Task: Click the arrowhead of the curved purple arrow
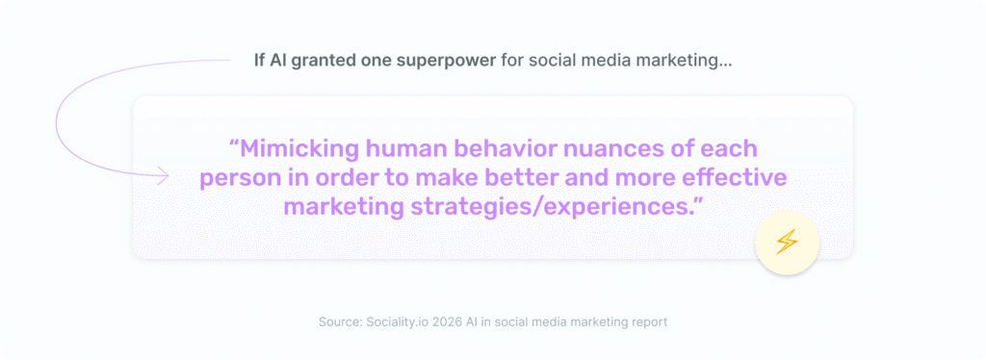tap(164, 176)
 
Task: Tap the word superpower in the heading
tap(451, 61)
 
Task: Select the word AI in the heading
tap(275, 61)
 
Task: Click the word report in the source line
tap(645, 321)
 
